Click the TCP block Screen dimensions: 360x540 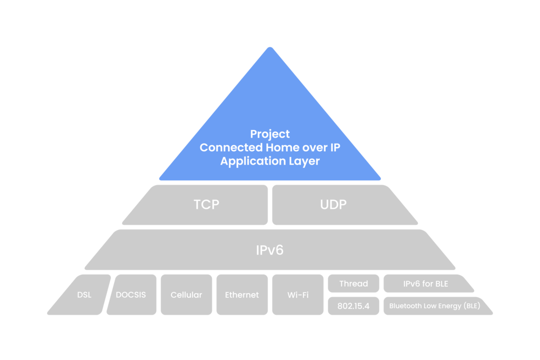206,205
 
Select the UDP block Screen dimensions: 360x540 333,205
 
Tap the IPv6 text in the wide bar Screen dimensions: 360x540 270,250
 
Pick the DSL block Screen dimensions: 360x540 84,295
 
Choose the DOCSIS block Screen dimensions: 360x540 131,295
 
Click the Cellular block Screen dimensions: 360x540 186,295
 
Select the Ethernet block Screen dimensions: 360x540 242,295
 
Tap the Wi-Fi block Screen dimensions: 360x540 298,295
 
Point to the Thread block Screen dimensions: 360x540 353,283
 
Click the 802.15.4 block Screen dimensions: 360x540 353,305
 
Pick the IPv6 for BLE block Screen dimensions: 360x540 426,283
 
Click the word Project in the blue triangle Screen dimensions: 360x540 270,134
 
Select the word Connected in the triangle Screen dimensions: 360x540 230,147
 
